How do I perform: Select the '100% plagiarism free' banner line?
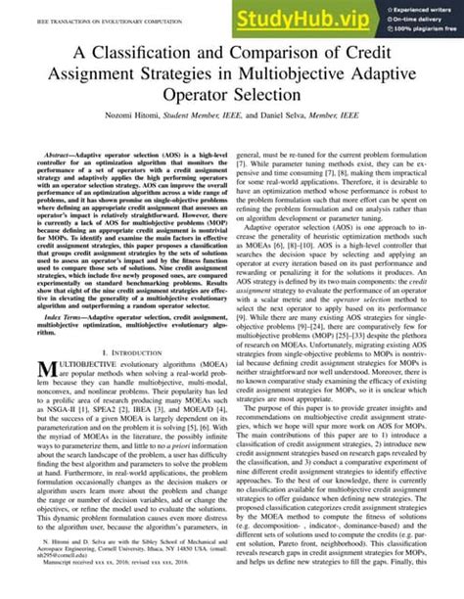pos(425,31)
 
